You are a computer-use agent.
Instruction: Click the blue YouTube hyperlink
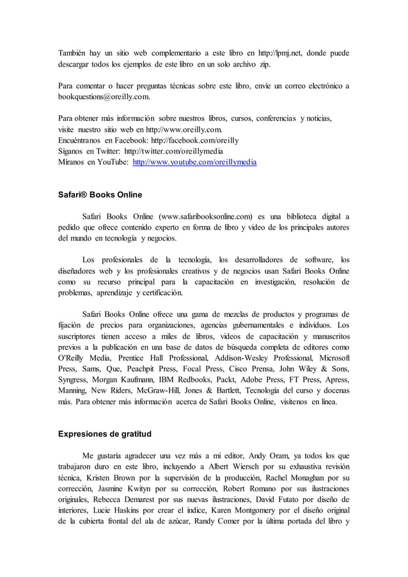[x=194, y=163]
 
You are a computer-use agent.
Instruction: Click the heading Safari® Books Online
[x=100, y=194]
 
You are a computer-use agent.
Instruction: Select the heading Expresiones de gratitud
[x=105, y=434]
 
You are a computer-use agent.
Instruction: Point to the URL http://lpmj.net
[x=281, y=52]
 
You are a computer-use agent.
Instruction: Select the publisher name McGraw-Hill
[x=173, y=390]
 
